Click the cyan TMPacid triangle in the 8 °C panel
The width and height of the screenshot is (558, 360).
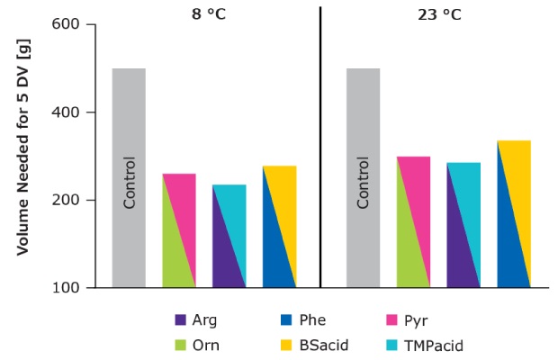tap(237, 216)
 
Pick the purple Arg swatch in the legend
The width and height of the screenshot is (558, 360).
tap(180, 319)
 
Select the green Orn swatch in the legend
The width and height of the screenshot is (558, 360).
tap(180, 345)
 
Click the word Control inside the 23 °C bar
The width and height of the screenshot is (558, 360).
tap(364, 184)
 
